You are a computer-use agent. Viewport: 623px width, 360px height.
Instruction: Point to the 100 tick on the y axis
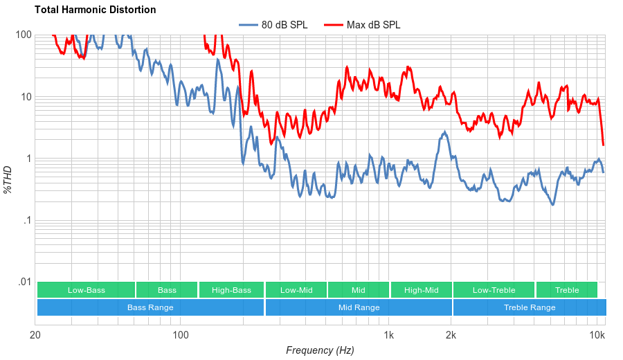pyautogui.click(x=24, y=35)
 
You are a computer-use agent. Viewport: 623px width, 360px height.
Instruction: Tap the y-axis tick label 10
pyautogui.click(x=26, y=97)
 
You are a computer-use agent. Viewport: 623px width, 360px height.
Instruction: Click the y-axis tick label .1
pyautogui.click(x=28, y=221)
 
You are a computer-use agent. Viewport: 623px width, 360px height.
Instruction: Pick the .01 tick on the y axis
pyautogui.click(x=25, y=282)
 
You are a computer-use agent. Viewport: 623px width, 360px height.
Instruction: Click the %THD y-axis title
pyautogui.click(x=8, y=179)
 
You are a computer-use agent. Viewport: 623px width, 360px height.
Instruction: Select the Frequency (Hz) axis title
pyautogui.click(x=319, y=350)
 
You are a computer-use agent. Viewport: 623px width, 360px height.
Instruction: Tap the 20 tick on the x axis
pyautogui.click(x=35, y=336)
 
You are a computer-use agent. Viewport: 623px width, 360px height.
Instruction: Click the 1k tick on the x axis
pyautogui.click(x=389, y=336)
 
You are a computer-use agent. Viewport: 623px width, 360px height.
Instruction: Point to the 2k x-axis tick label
pyautogui.click(x=451, y=336)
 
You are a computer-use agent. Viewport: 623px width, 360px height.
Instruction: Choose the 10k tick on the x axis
pyautogui.click(x=597, y=336)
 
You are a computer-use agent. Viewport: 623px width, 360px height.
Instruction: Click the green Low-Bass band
pyautogui.click(x=86, y=290)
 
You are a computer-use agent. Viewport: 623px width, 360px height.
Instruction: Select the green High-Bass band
pyautogui.click(x=231, y=290)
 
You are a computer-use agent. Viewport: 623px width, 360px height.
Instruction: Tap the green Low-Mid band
pyautogui.click(x=296, y=290)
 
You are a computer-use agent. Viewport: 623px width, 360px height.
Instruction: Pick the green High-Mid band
pyautogui.click(x=421, y=290)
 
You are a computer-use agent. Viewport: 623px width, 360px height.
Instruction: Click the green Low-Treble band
pyautogui.click(x=494, y=290)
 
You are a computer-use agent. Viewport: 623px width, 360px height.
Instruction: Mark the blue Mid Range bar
pyautogui.click(x=359, y=307)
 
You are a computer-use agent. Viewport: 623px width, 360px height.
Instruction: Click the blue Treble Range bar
pyautogui.click(x=530, y=307)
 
